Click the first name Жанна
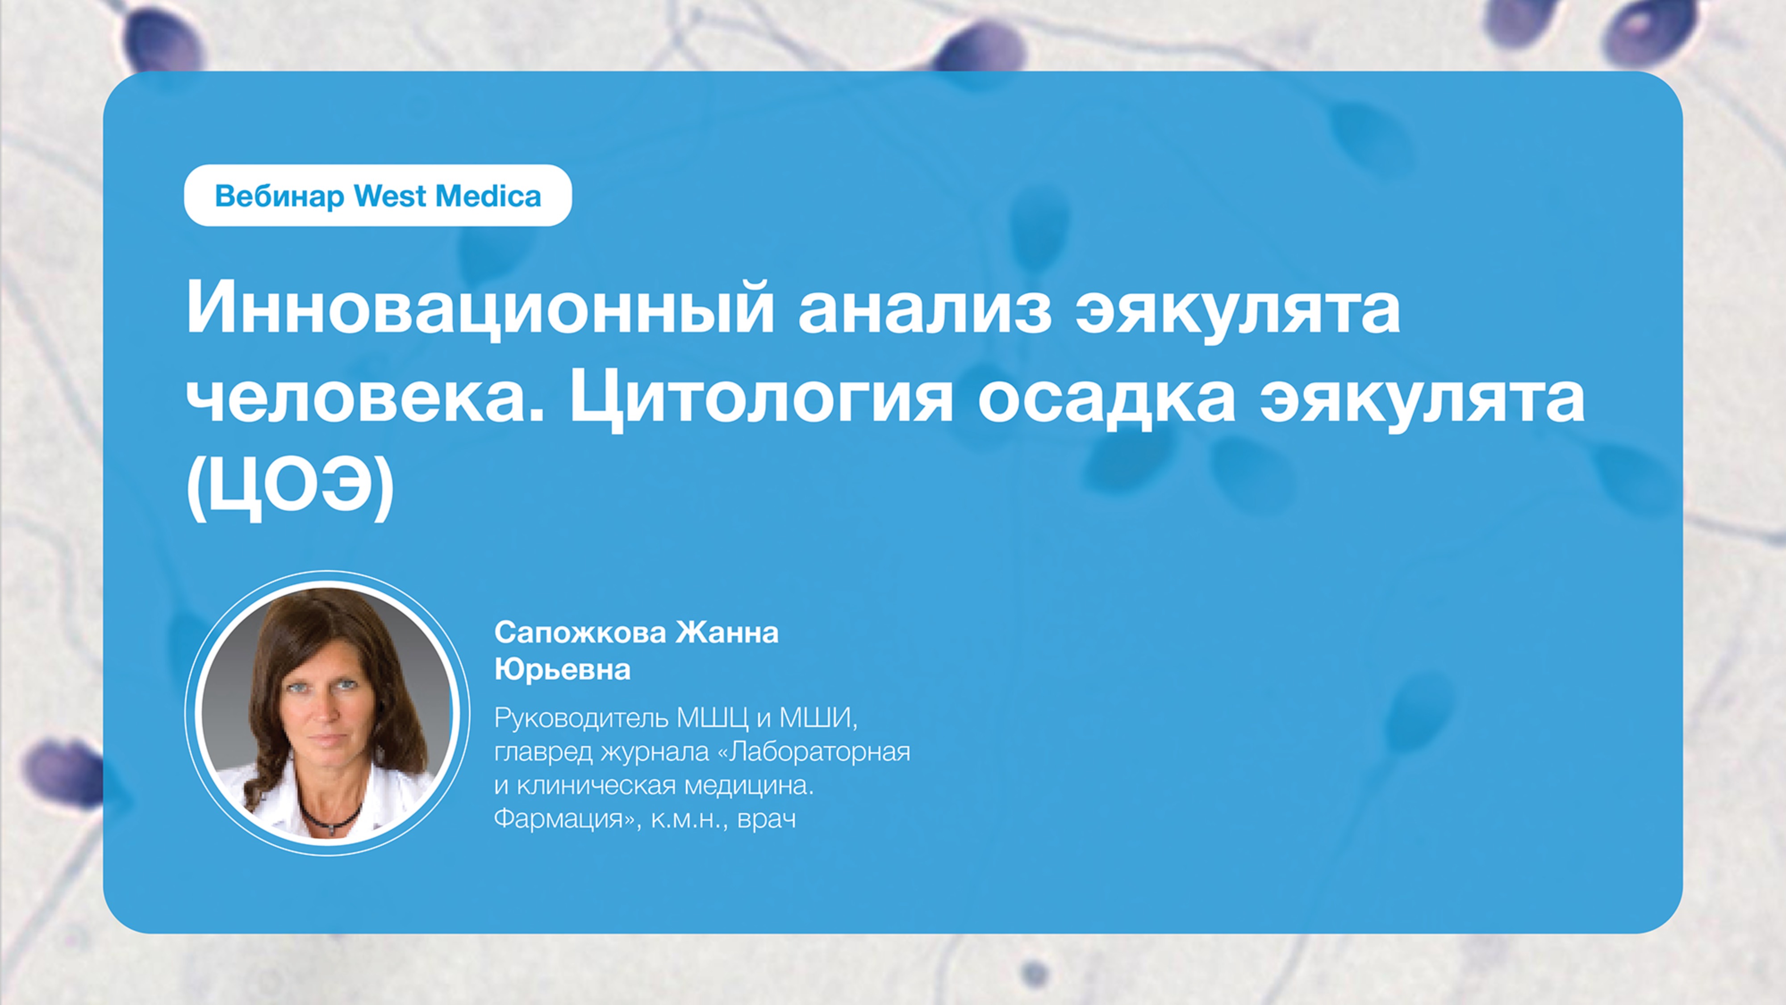point(727,632)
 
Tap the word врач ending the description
point(767,819)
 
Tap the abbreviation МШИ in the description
point(818,719)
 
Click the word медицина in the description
point(749,786)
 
